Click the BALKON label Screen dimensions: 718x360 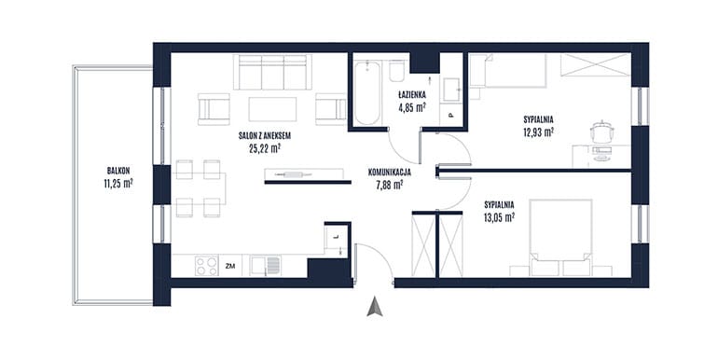click(118, 171)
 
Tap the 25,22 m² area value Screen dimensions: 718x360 click(265, 148)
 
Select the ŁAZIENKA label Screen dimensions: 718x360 click(412, 95)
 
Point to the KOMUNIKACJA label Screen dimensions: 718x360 click(389, 173)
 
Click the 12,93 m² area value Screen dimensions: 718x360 click(539, 132)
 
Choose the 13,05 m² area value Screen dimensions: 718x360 click(499, 217)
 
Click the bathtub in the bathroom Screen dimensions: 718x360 click(367, 93)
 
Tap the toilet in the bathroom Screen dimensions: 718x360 click(396, 71)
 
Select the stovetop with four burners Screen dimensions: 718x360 click(206, 266)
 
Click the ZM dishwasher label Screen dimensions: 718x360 click(230, 266)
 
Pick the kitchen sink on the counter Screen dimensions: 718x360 click(266, 266)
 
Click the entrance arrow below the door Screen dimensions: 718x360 click(375, 307)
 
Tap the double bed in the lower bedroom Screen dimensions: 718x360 click(560, 238)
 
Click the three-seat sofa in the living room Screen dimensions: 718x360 click(272, 73)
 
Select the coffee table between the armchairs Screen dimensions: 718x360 click(272, 109)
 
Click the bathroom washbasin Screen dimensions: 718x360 click(451, 89)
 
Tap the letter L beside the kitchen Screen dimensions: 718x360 click(336, 237)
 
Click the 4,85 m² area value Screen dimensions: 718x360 click(412, 107)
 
